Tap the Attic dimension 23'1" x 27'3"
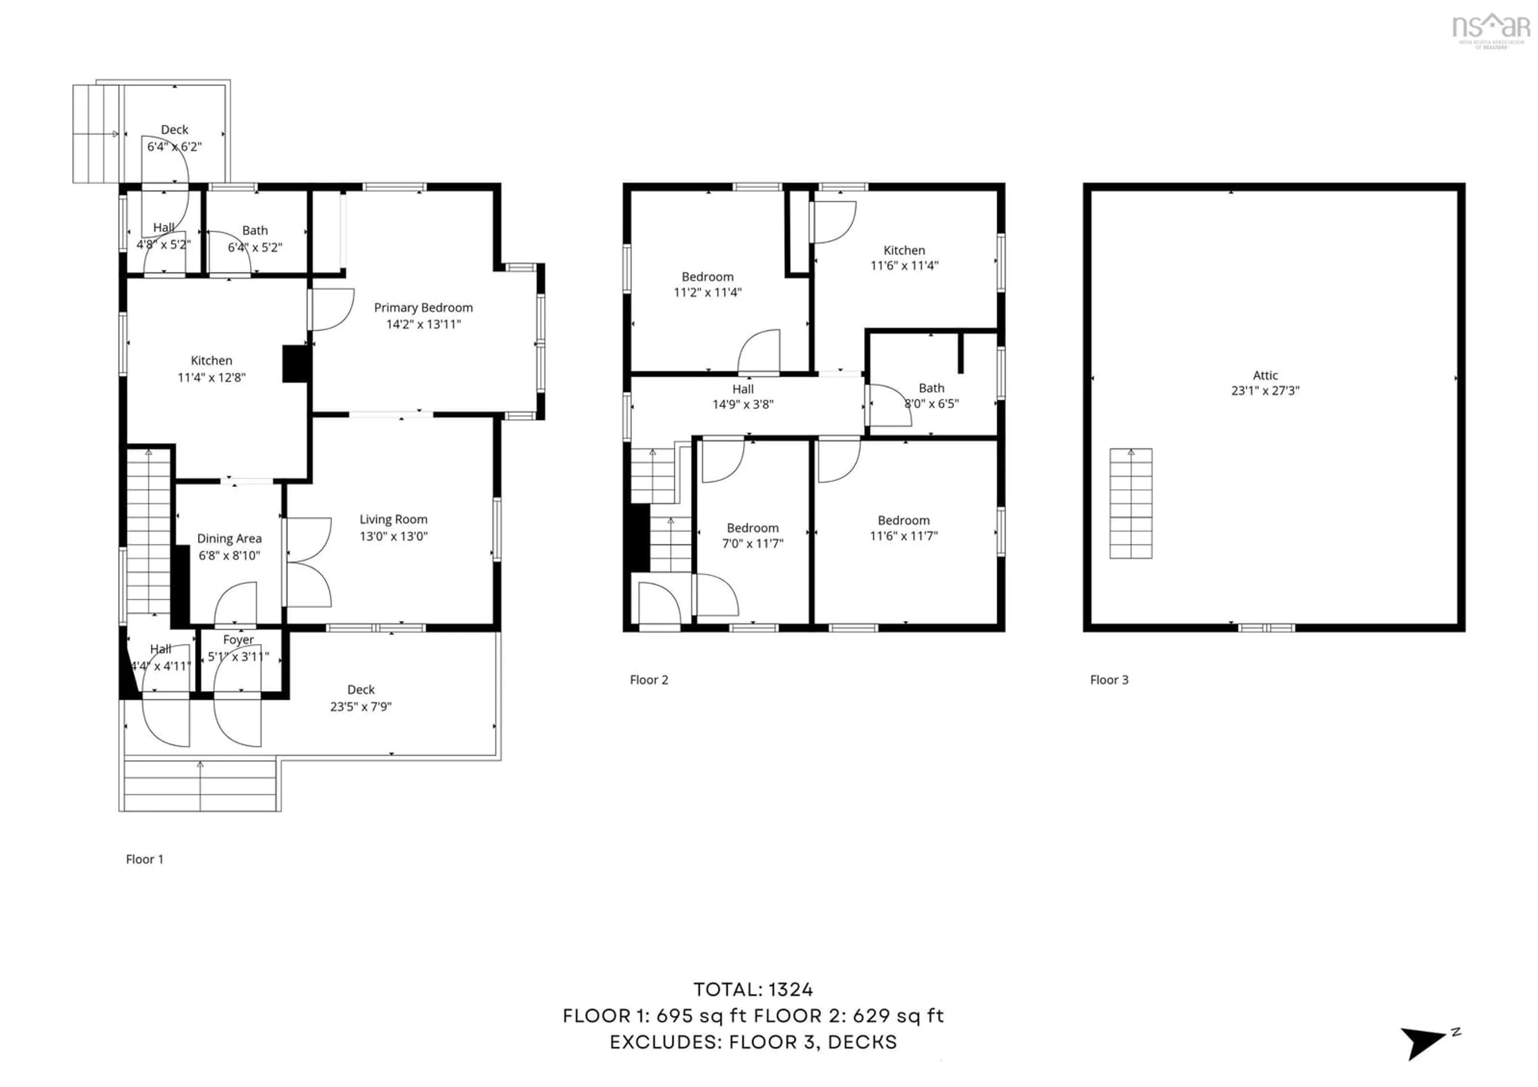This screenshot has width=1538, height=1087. [x=1265, y=391]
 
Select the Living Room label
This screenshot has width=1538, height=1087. [x=393, y=519]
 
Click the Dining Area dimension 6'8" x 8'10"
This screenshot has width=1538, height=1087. [x=229, y=555]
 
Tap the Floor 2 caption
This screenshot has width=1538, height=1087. [x=648, y=680]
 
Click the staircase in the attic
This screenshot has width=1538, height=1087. [x=1131, y=504]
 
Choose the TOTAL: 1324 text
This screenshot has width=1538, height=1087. [x=753, y=989]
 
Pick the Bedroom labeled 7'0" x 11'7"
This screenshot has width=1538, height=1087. [x=752, y=528]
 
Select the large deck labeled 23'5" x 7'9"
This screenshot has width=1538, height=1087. [x=360, y=698]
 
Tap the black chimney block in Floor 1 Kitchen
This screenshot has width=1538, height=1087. [x=296, y=364]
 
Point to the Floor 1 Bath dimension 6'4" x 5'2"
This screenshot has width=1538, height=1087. [x=255, y=247]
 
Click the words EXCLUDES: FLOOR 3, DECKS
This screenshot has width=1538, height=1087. [x=753, y=1042]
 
